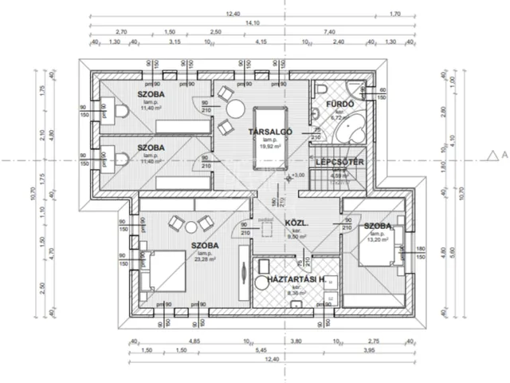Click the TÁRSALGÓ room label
tap(271, 131)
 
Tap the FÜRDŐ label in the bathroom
tap(328, 104)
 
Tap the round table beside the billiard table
tap(234, 109)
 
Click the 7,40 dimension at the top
tap(328, 32)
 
